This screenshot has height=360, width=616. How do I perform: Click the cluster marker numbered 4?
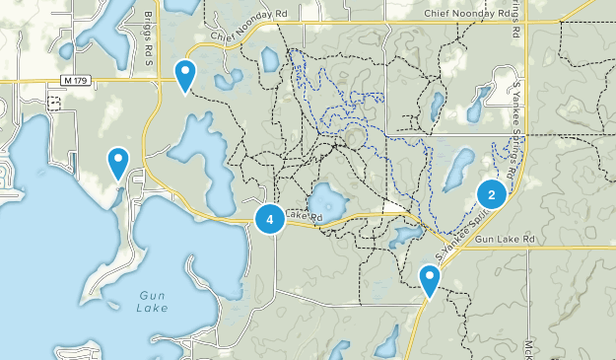(x=270, y=219)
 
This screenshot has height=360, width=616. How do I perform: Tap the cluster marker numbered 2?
(x=491, y=192)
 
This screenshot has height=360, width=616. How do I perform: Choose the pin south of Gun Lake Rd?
(x=429, y=279)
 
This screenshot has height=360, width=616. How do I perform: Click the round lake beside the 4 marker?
(x=326, y=203)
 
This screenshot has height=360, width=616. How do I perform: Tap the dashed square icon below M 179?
(x=54, y=102)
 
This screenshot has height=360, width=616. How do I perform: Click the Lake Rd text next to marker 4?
(x=298, y=214)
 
